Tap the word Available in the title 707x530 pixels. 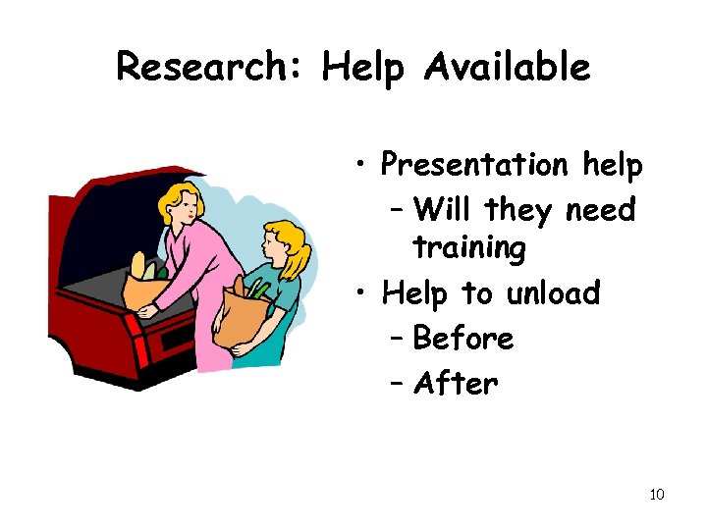(x=508, y=67)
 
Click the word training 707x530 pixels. (x=469, y=248)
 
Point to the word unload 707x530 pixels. (x=552, y=292)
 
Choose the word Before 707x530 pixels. (x=463, y=339)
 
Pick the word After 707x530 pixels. (x=456, y=383)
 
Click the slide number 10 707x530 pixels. (x=657, y=494)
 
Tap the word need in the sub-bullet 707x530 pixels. (x=602, y=209)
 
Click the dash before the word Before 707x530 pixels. (x=398, y=339)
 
